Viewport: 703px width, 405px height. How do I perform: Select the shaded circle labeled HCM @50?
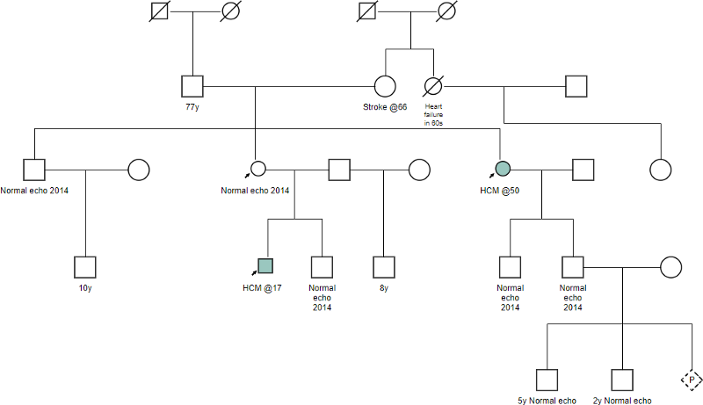503,168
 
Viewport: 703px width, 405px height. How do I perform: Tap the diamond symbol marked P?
692,380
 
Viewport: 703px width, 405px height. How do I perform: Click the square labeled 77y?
192,86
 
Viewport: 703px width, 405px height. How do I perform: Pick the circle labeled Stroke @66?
384,86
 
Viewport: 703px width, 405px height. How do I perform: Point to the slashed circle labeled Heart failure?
432,86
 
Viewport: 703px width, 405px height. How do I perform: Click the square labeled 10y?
84,266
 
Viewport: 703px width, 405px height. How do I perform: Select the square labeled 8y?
383,266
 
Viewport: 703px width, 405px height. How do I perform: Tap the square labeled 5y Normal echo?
547,380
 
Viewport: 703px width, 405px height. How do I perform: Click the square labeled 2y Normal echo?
622,380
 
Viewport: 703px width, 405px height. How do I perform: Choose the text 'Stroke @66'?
385,108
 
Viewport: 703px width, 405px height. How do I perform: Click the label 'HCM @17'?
262,288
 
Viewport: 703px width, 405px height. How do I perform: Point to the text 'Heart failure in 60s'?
432,113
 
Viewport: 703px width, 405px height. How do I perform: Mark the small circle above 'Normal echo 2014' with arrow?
257,168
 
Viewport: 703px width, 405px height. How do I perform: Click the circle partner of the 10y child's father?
139,169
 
